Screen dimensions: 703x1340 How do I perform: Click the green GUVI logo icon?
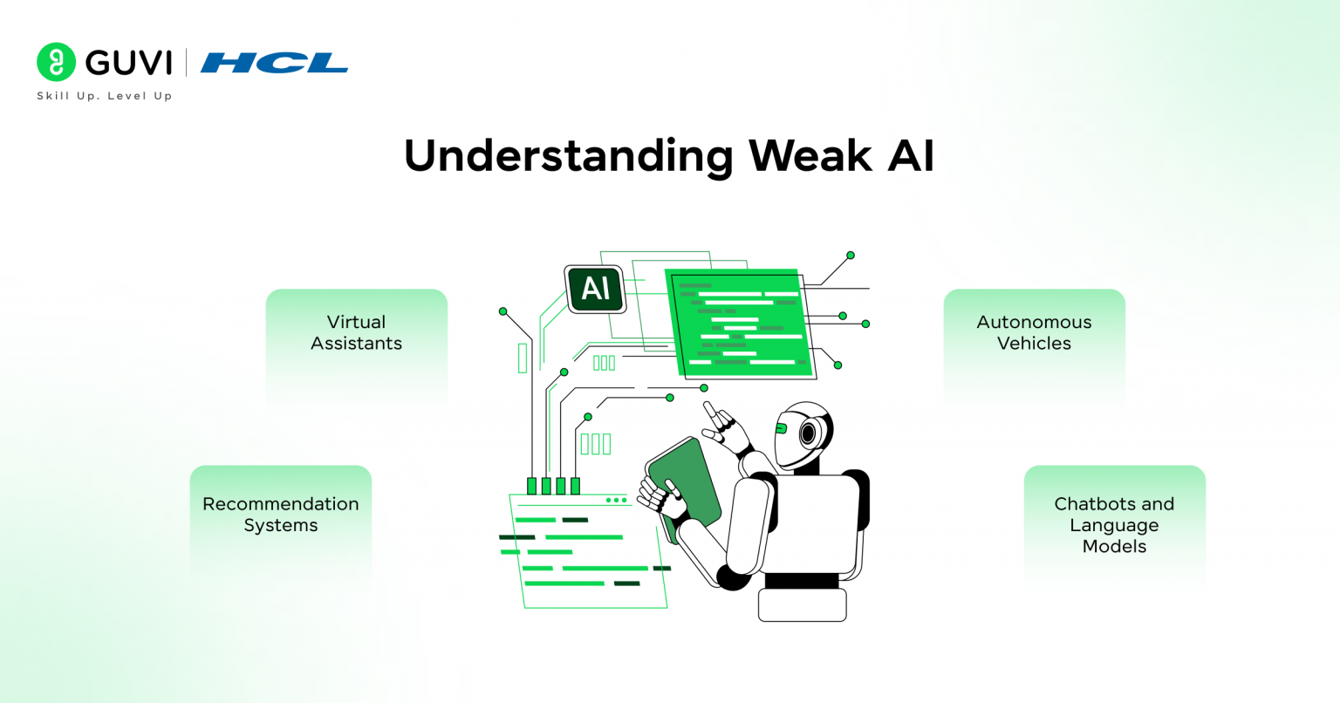57,62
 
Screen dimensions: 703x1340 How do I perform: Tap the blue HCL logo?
274,63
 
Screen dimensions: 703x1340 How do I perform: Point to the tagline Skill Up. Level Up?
104,96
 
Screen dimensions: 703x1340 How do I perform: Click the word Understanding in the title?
568,156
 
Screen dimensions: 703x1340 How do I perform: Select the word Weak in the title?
810,156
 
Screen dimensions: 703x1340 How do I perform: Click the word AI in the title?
911,156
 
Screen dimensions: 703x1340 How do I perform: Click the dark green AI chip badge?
596,289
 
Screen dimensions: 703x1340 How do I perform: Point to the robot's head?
803,433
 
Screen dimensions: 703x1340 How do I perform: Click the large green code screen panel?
741,324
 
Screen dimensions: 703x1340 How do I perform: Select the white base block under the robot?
802,604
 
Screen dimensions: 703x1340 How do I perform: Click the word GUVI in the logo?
129,63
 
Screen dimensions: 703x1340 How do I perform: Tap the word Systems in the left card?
280,526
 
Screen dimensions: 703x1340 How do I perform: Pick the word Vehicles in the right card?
1034,344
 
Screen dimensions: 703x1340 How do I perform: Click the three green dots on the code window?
616,501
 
